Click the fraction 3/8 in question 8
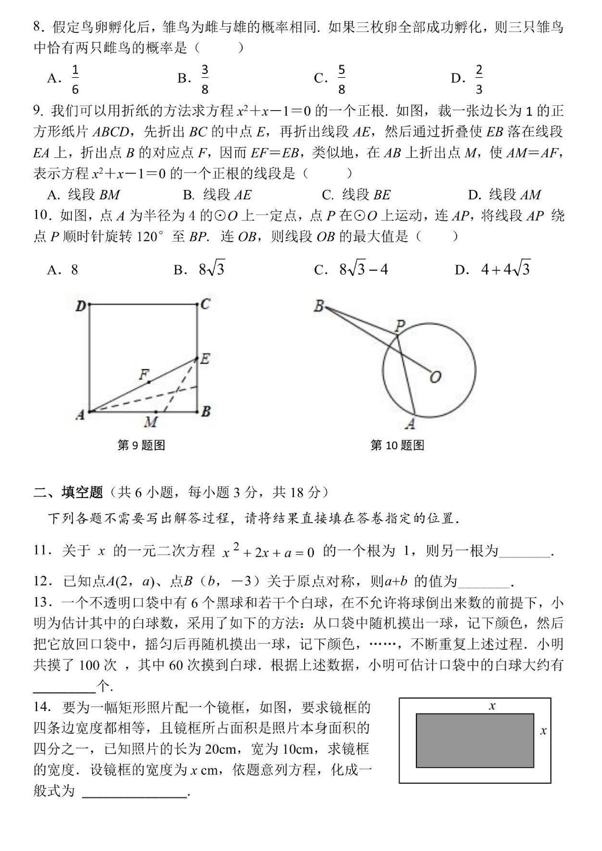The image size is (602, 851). click(x=205, y=79)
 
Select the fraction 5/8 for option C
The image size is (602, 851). click(x=341, y=79)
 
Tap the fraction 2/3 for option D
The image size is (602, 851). click(x=479, y=79)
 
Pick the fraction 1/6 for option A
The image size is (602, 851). click(x=75, y=79)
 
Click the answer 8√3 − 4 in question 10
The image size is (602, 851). click(x=363, y=269)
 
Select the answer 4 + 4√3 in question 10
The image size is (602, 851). click(x=505, y=269)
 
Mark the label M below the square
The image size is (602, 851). click(x=150, y=421)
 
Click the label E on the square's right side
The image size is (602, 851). click(x=205, y=358)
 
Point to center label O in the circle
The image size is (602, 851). click(x=436, y=377)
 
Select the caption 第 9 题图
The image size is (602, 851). click(x=141, y=445)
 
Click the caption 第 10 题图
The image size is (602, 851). click(x=397, y=445)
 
